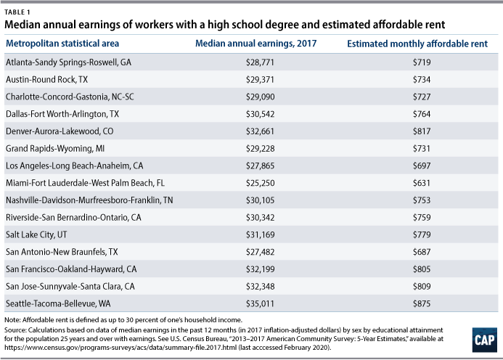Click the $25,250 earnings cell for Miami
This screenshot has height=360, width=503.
259,182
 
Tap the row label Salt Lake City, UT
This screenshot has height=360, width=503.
37,234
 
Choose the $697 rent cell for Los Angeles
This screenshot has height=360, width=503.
421,165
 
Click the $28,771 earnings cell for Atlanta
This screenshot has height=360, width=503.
259,62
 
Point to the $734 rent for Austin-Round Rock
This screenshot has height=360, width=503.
421,79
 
